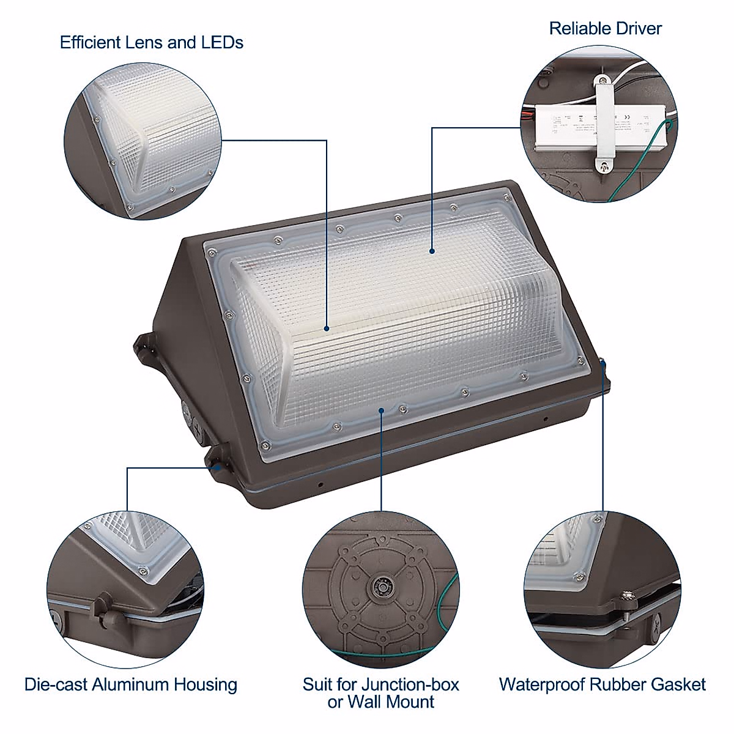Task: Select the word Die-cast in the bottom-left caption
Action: pyautogui.click(x=56, y=684)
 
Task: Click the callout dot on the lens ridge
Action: pyautogui.click(x=327, y=328)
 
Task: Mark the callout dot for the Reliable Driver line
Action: pyautogui.click(x=432, y=250)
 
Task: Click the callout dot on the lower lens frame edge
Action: pyautogui.click(x=381, y=410)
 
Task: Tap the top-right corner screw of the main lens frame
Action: pyautogui.click(x=506, y=198)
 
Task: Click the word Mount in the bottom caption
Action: pyautogui.click(x=409, y=702)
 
